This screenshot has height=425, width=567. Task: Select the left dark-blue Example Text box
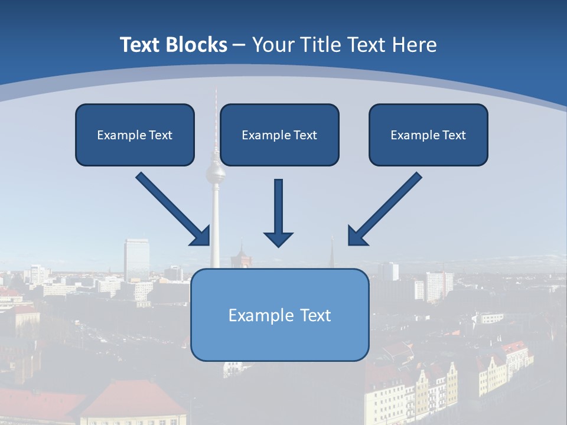pos(135,135)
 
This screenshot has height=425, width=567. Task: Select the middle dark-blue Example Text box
pos(279,135)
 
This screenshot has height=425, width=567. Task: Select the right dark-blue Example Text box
pos(428,135)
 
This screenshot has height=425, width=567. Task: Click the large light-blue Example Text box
pos(279,315)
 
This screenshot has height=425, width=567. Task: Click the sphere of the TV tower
pos(215,174)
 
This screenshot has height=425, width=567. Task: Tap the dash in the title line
pos(239,45)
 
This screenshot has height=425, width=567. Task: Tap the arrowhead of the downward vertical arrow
pos(278,238)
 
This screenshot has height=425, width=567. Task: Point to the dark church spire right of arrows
pos(332,253)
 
